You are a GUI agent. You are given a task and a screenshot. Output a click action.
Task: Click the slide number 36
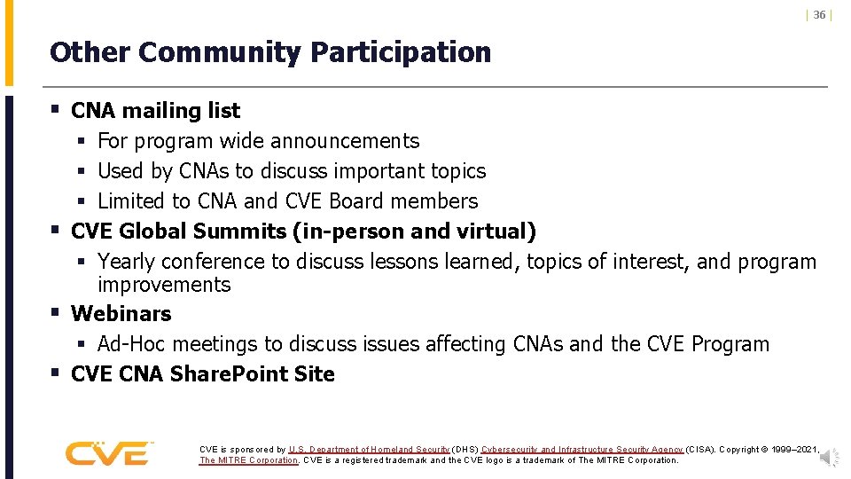[819, 15]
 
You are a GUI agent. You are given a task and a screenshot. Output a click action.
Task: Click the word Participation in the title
[401, 52]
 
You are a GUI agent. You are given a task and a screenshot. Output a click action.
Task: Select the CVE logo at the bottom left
[108, 452]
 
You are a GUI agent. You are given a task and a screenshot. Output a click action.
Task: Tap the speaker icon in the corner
[830, 456]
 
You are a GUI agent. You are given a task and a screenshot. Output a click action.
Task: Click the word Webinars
[121, 314]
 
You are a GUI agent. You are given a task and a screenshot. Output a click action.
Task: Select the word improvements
[164, 285]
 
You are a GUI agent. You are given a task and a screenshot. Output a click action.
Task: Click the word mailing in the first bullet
[160, 111]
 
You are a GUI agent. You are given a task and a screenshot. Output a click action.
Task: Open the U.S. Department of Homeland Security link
[369, 450]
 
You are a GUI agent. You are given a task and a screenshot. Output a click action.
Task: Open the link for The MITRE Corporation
[249, 460]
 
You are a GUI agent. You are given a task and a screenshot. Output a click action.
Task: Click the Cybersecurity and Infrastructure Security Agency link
[582, 450]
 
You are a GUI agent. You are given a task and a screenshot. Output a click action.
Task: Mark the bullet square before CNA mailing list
[55, 110]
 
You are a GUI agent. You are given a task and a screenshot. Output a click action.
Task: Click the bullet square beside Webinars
[55, 313]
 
